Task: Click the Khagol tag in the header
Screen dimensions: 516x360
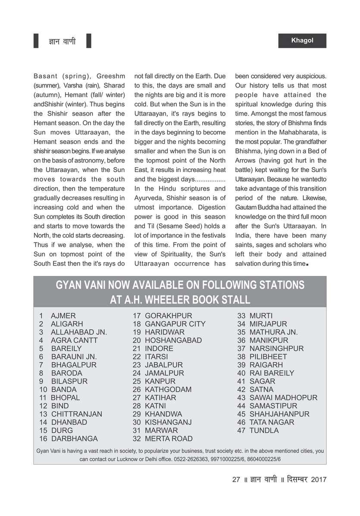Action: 302,41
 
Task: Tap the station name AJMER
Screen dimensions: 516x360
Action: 63,316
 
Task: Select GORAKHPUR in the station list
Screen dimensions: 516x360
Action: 169,316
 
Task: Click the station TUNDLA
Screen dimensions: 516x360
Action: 264,431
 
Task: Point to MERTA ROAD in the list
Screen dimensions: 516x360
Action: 169,439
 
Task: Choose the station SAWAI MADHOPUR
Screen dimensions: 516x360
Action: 283,398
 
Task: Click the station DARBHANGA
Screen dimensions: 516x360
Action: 74,439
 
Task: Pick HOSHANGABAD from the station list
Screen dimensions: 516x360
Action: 173,341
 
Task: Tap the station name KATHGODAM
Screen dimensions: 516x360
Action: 168,390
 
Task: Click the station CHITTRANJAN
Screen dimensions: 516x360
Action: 77,414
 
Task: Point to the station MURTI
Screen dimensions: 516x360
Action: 261,316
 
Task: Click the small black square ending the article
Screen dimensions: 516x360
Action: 307,264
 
